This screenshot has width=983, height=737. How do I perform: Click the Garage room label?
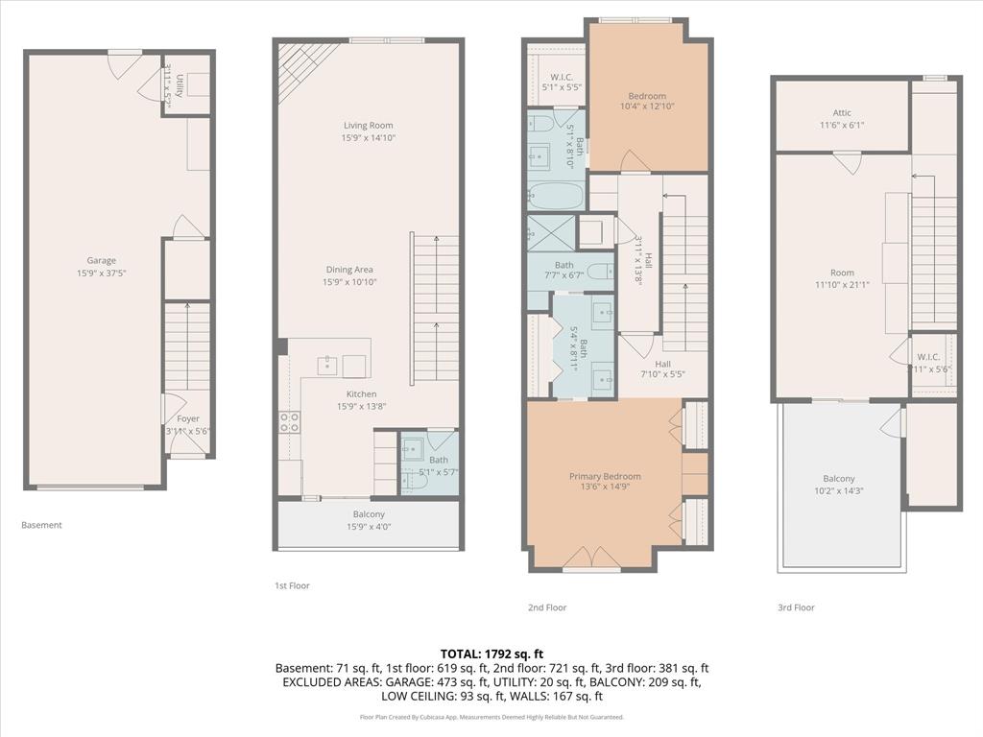click(x=101, y=260)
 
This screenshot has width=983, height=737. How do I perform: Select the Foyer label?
click(x=188, y=419)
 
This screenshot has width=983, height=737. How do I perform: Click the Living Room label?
click(x=369, y=125)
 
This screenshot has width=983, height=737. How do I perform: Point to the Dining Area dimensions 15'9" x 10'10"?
click(x=349, y=282)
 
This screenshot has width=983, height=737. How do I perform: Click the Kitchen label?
click(x=361, y=394)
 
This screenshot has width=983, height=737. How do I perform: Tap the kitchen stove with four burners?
click(x=289, y=421)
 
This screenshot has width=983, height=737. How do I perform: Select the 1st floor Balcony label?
click(x=369, y=514)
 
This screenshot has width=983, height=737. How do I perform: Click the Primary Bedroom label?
click(x=605, y=476)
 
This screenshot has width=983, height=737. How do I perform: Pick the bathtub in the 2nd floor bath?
click(x=556, y=196)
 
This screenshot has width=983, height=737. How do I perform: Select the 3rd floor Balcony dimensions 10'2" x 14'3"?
click(x=838, y=491)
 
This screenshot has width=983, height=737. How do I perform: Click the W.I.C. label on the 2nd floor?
click(x=562, y=77)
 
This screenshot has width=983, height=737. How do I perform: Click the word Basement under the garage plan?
click(x=41, y=525)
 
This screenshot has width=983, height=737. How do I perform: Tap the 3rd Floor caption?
click(x=796, y=607)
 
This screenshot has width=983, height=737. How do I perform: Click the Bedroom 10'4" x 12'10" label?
click(x=647, y=96)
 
